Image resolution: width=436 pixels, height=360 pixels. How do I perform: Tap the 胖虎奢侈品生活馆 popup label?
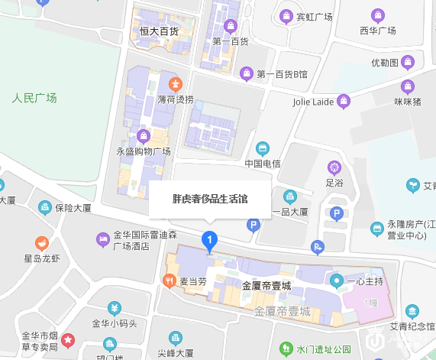pyautogui.click(x=210, y=199)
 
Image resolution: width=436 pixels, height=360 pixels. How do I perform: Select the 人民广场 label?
pyautogui.click(x=34, y=98)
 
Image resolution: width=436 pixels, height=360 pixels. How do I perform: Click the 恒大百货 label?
pyautogui.click(x=159, y=31)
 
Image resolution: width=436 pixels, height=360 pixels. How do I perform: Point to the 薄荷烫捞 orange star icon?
pyautogui.click(x=176, y=83)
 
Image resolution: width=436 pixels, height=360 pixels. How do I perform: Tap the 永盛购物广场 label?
pyautogui.click(x=143, y=151)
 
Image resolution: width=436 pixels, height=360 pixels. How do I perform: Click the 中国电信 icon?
pyautogui.click(x=263, y=148)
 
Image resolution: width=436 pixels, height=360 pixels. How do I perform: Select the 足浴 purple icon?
pyautogui.click(x=334, y=167)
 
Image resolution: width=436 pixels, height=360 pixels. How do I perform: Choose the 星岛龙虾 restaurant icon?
pyautogui.click(x=41, y=244)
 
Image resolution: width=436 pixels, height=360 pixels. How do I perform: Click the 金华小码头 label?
pyautogui.click(x=114, y=323)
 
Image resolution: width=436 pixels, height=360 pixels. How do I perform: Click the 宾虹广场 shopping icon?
pyautogui.click(x=286, y=15)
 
